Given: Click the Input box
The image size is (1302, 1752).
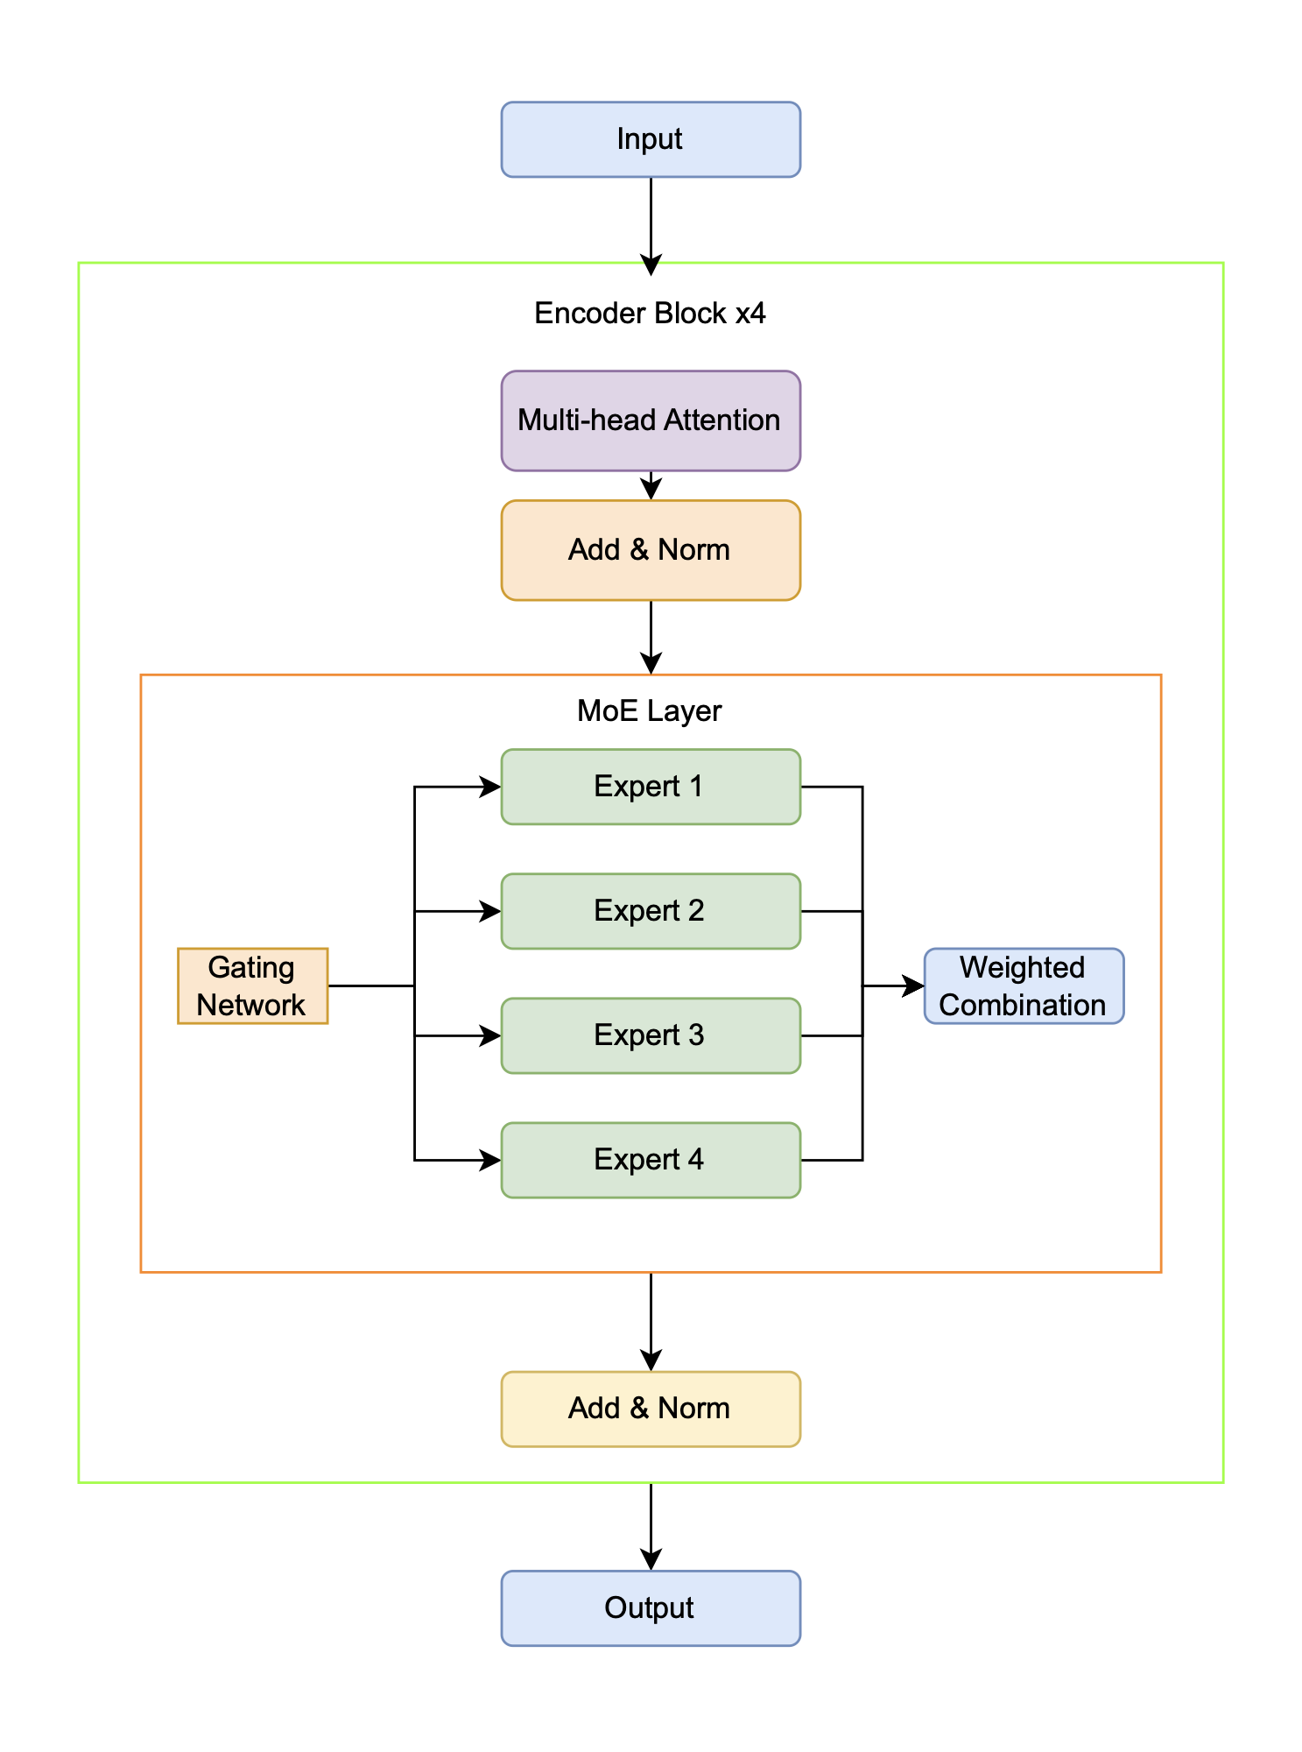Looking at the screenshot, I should (x=651, y=139).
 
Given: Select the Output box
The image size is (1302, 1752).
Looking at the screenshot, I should (x=651, y=1607).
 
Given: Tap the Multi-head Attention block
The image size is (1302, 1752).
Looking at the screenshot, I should (x=651, y=420).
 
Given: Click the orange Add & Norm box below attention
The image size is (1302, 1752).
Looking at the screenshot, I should (x=651, y=550).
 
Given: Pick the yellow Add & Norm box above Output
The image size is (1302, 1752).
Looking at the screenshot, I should (x=651, y=1409).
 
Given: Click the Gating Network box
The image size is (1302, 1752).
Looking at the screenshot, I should (x=252, y=985).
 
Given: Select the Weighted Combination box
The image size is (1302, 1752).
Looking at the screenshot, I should (x=1024, y=985).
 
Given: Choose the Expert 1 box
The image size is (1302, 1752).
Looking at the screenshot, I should (x=651, y=787).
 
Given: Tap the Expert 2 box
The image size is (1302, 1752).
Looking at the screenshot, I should (x=651, y=911).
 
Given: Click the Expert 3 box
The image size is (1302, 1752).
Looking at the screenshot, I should (x=651, y=1035).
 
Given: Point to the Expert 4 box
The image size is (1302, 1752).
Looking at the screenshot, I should (x=651, y=1160).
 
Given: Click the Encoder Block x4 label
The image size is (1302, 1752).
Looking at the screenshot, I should (x=650, y=313).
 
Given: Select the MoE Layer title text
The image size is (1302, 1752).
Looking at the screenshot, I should (x=650, y=710).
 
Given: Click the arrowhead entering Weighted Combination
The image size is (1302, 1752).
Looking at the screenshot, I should (x=915, y=986).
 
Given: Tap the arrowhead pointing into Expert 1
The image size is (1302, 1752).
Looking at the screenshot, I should (x=491, y=787).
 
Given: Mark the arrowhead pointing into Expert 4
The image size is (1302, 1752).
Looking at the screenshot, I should (x=491, y=1160).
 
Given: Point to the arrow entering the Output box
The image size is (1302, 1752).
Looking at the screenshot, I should (x=651, y=1529).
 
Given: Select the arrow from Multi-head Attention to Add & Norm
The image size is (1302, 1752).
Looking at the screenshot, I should (x=651, y=486).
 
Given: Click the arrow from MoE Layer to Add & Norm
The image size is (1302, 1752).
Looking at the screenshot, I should (x=651, y=1323).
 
